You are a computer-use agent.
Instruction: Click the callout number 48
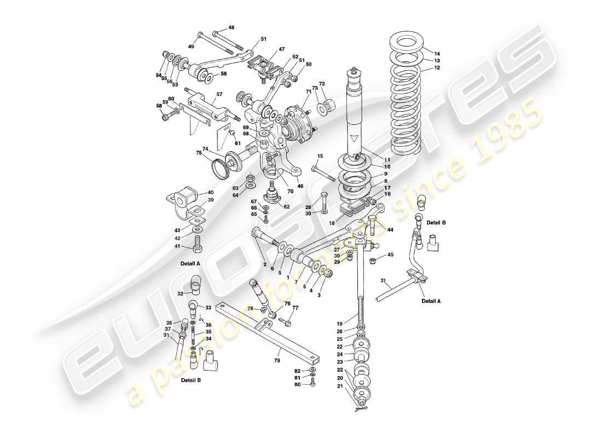click(x=231, y=27)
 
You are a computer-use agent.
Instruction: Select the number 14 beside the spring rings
click(x=437, y=54)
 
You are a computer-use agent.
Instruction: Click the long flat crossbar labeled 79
click(x=274, y=335)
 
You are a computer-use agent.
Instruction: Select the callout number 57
click(x=219, y=94)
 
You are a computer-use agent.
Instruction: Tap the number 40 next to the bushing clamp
click(x=210, y=193)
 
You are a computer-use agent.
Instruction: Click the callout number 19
click(x=339, y=323)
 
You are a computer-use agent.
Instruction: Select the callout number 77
click(x=295, y=309)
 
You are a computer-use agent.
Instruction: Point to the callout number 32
click(x=180, y=293)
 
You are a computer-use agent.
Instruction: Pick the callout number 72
click(x=322, y=84)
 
